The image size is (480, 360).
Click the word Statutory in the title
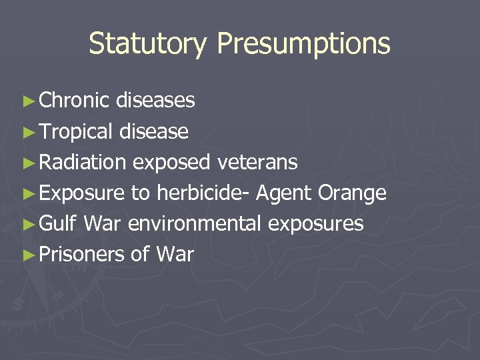(149, 44)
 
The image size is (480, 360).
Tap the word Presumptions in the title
(303, 44)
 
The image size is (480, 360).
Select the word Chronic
(74, 101)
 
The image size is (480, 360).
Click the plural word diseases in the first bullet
(155, 101)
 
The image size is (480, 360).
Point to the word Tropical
(77, 131)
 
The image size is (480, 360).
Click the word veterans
(257, 162)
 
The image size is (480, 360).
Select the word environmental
(195, 223)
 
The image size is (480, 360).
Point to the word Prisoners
(82, 254)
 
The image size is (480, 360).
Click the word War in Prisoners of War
(175, 254)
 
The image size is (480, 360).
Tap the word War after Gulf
(103, 223)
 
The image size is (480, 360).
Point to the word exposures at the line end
(316, 224)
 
